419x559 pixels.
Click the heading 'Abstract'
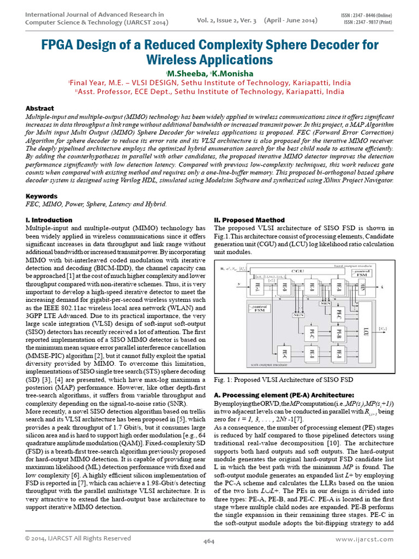point(40,109)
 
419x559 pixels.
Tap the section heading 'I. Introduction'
point(49,219)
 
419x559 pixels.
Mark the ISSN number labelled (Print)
point(368,23)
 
